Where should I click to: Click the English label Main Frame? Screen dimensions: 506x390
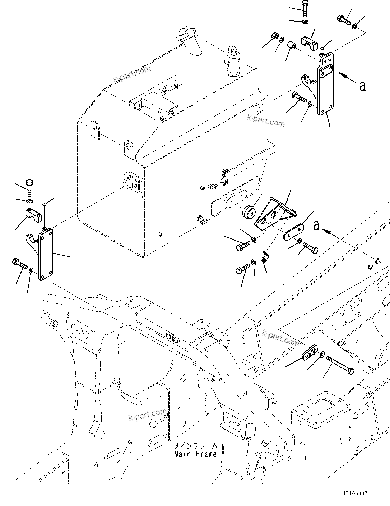coord(195,454)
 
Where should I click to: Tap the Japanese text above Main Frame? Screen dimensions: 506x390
coord(195,446)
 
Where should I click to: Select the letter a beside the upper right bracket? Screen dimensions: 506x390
coord(362,85)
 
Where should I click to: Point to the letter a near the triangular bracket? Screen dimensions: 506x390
coord(317,225)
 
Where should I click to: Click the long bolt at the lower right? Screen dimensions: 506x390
coord(340,365)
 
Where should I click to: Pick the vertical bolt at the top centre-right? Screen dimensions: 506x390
coord(305,9)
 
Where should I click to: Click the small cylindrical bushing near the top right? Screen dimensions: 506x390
coord(292,45)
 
